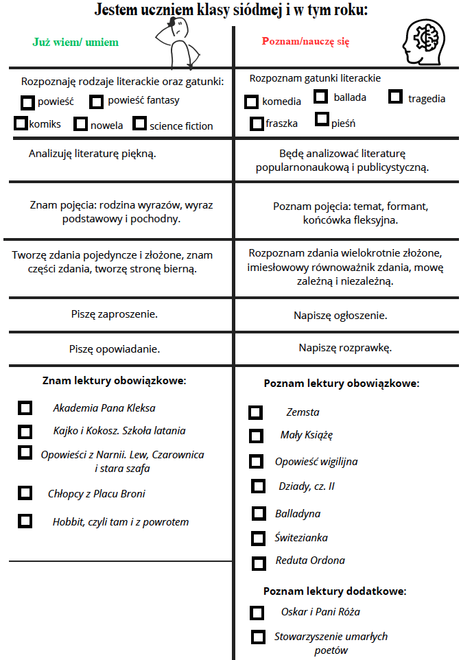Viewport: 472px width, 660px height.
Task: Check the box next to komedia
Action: click(x=252, y=102)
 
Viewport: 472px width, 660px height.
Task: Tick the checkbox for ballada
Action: click(x=320, y=97)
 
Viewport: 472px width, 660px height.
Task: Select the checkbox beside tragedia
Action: click(x=394, y=97)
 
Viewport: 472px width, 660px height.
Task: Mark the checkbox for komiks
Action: click(x=20, y=123)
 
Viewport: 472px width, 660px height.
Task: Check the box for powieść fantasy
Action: click(x=96, y=102)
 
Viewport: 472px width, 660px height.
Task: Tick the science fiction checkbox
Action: click(x=139, y=123)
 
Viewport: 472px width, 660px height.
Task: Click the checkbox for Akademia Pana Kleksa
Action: click(x=25, y=408)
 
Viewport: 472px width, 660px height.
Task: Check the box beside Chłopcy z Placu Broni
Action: click(x=25, y=493)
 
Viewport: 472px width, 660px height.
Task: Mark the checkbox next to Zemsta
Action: click(x=255, y=412)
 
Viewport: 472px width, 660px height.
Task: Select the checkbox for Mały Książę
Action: click(x=256, y=436)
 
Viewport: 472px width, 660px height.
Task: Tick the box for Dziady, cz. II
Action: click(x=258, y=486)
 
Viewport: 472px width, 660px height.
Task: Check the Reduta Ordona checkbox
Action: click(x=259, y=563)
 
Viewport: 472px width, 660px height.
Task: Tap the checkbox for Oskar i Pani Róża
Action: click(x=257, y=613)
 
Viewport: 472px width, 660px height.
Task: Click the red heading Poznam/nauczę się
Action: click(x=305, y=41)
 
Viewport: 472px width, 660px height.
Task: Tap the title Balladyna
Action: click(x=298, y=514)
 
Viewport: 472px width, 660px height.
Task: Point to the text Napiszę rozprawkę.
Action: click(x=345, y=348)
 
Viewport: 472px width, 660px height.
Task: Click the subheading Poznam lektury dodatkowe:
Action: click(x=335, y=591)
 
